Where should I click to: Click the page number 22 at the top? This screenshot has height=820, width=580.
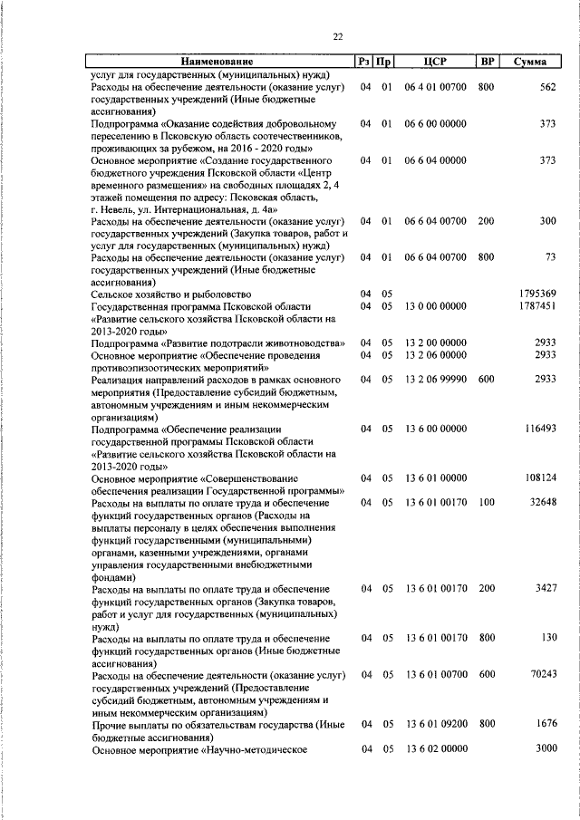point(337,36)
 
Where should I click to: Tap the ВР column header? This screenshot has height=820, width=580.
point(488,62)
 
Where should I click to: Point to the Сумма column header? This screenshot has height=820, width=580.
point(529,62)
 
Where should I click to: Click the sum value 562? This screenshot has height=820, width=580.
point(546,87)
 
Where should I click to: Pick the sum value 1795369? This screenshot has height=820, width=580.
point(537,294)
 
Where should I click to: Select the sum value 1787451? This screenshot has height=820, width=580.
point(537,307)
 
